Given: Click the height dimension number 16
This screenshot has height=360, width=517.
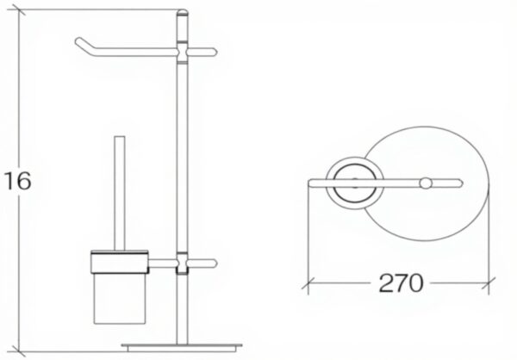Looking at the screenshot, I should tap(17, 181).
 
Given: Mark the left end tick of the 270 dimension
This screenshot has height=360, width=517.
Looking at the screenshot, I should tap(308, 282).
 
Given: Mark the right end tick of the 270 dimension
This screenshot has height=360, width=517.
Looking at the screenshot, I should tap(491, 282).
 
